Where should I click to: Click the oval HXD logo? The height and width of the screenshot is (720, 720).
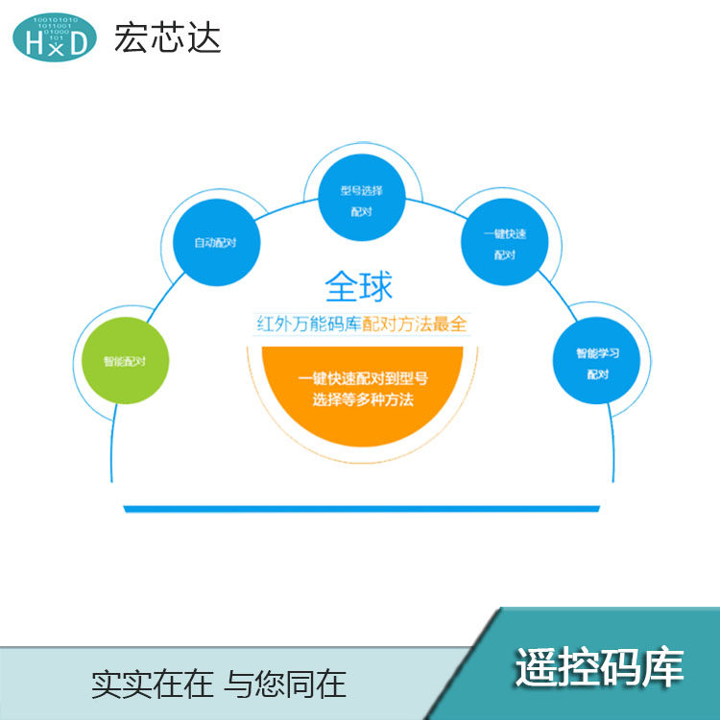(x=55, y=36)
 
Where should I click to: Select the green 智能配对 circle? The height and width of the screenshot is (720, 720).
(x=123, y=362)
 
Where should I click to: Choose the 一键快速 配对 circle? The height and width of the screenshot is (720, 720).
(x=505, y=242)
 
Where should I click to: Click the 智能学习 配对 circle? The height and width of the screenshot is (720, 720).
(x=596, y=363)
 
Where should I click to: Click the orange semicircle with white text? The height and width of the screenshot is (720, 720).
(x=356, y=394)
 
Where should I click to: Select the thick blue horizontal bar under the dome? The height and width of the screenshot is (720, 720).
(x=360, y=508)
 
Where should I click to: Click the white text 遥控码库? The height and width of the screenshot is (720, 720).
(x=599, y=666)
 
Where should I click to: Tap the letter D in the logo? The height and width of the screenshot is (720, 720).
(x=79, y=41)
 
